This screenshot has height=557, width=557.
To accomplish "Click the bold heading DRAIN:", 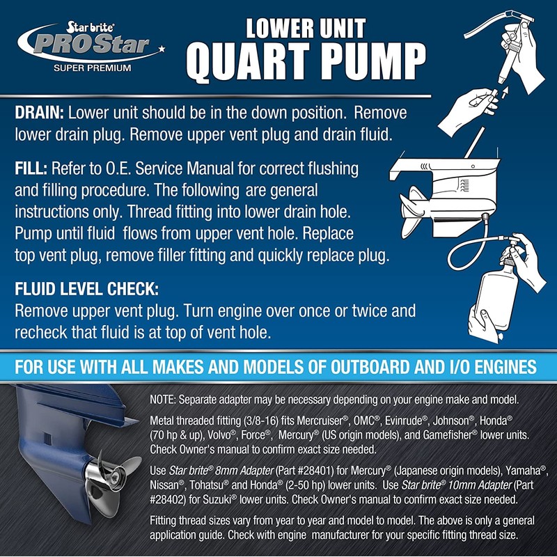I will [38, 113].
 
